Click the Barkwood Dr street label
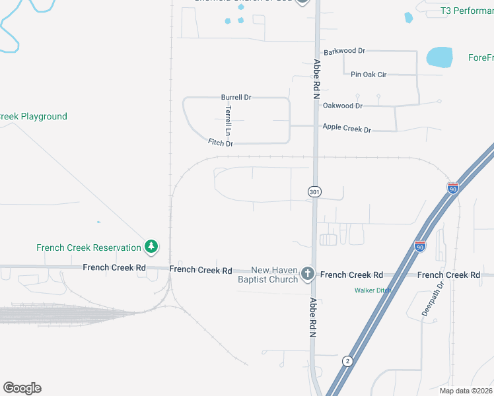(x=343, y=51)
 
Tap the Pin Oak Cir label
(x=369, y=75)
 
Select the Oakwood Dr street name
(x=342, y=105)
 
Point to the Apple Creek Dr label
(x=346, y=128)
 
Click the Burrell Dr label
(x=236, y=98)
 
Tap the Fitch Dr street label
(x=221, y=143)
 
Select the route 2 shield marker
(x=347, y=360)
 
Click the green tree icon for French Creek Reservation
(x=152, y=247)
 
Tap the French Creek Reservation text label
(x=88, y=248)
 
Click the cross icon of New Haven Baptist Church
(x=307, y=273)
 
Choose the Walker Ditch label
(x=372, y=290)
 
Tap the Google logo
(x=22, y=387)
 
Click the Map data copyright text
(x=466, y=391)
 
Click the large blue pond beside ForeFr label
(x=440, y=57)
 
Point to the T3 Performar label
(x=466, y=11)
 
